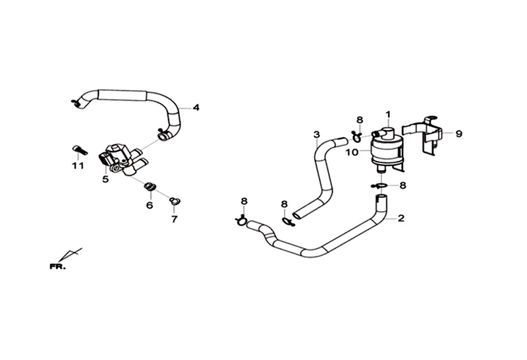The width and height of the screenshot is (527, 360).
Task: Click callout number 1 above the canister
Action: tap(389, 113)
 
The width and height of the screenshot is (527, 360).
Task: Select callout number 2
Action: tap(401, 217)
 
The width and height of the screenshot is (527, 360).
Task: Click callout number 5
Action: tap(105, 179)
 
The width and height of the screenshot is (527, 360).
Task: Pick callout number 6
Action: tap(150, 205)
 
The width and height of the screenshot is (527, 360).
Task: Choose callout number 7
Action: tap(175, 218)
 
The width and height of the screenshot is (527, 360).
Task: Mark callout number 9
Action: tap(458, 133)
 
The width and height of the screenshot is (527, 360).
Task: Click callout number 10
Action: tap(352, 152)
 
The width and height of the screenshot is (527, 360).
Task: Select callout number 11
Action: tap(78, 165)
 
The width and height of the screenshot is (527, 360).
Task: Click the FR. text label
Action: tap(57, 266)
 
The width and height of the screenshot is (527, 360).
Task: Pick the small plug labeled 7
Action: tap(175, 200)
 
